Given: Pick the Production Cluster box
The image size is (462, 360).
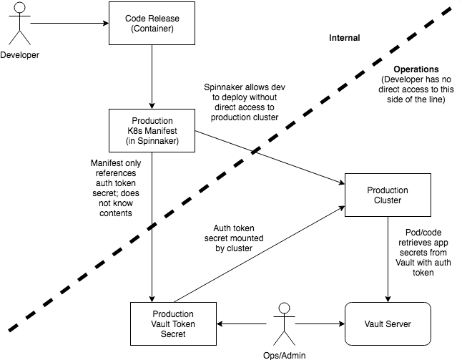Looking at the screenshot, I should pos(388,195).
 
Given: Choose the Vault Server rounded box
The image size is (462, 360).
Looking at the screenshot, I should pos(388,324).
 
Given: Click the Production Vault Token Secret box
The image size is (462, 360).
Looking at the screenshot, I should pos(172,324).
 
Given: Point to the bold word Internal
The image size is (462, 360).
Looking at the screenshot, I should pos(344,38).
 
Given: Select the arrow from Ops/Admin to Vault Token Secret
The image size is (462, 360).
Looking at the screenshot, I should pos(243,324).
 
